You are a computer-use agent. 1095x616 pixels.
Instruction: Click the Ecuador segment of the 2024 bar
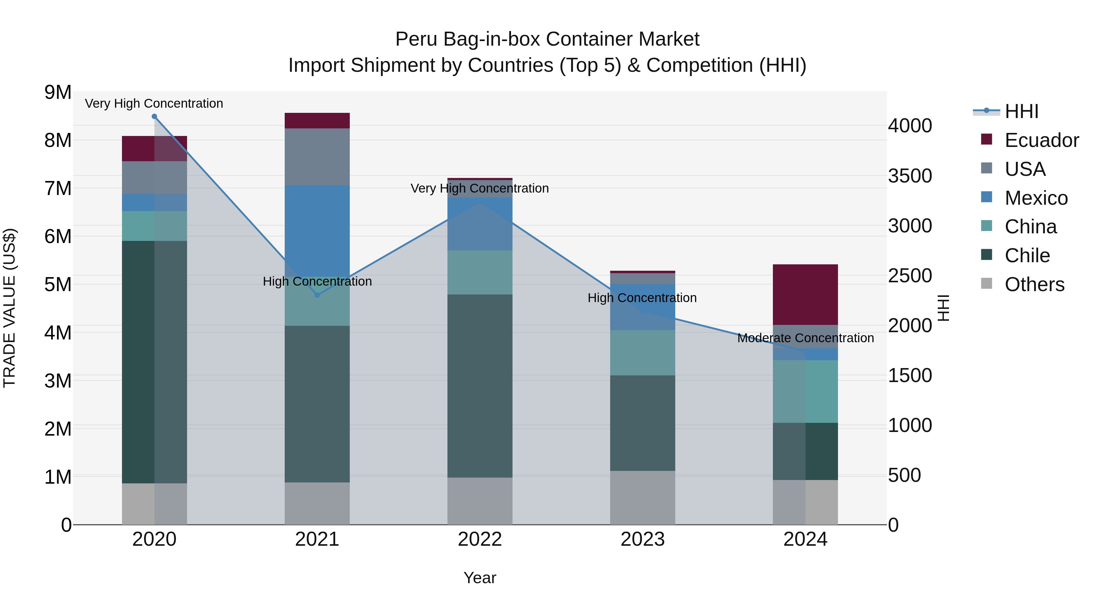805,294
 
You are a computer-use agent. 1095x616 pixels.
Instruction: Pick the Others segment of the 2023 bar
642,497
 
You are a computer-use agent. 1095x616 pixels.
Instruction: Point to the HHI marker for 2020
154,117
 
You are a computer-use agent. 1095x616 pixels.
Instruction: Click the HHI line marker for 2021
317,295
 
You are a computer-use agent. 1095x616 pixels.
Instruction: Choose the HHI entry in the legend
1021,111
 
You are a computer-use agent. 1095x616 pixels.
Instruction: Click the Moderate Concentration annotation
805,338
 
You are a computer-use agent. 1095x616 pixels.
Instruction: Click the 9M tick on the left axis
58,92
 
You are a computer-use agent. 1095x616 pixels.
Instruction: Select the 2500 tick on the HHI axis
910,276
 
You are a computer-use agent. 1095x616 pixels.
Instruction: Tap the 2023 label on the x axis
642,539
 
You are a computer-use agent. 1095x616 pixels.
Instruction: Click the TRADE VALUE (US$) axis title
9,308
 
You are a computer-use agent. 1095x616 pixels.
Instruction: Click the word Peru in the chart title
416,39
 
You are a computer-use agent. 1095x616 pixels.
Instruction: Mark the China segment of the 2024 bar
805,391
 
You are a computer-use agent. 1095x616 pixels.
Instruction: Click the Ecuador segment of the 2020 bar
154,148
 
